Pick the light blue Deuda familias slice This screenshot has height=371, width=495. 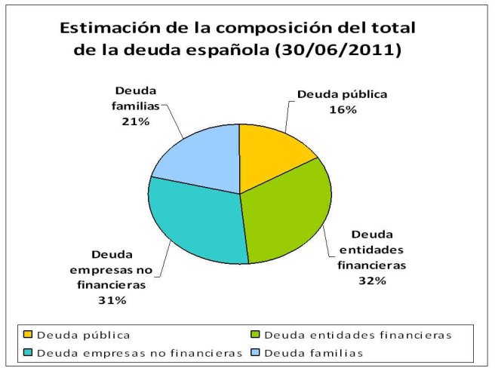[200, 158]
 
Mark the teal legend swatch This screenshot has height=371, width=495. [29, 352]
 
